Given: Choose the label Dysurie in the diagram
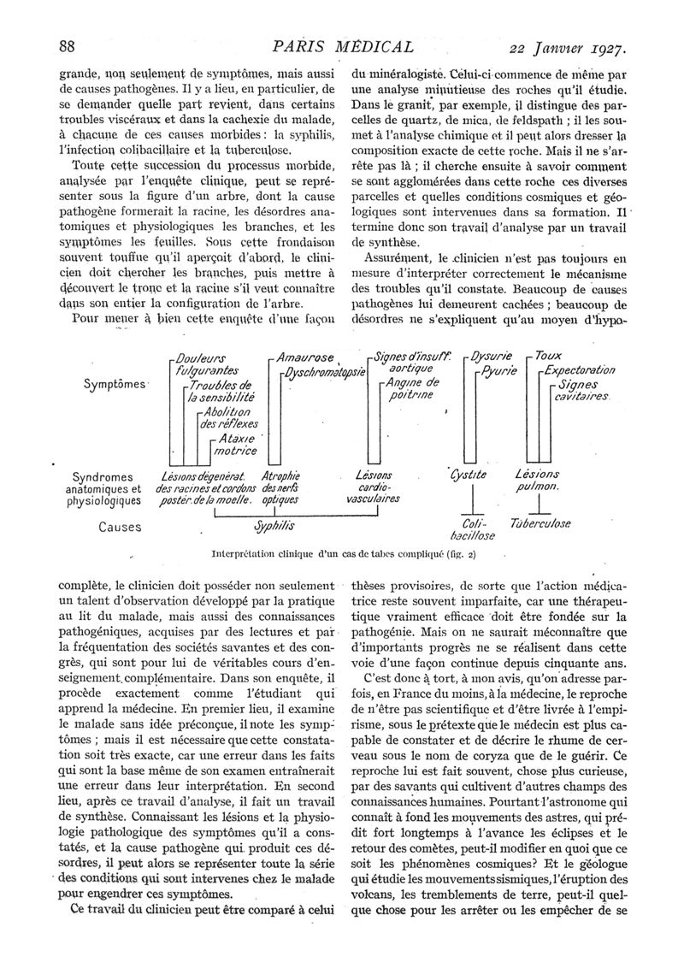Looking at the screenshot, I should point(492,356).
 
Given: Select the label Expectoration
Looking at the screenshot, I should point(581,370).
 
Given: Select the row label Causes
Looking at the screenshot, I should point(120,527).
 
